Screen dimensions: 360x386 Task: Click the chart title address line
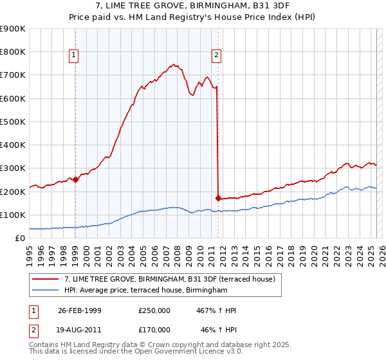point(192,6)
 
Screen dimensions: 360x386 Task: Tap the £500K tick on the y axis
point(13,122)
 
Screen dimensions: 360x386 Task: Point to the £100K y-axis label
point(13,215)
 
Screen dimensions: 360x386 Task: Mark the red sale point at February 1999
point(75,180)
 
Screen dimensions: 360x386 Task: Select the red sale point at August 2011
point(219,198)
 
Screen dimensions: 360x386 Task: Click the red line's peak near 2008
point(172,64)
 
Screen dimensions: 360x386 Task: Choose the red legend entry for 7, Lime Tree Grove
point(170,279)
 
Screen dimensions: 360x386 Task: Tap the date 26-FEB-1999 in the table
point(80,310)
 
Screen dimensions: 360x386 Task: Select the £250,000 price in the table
point(154,310)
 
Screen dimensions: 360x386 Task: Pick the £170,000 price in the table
point(154,329)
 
